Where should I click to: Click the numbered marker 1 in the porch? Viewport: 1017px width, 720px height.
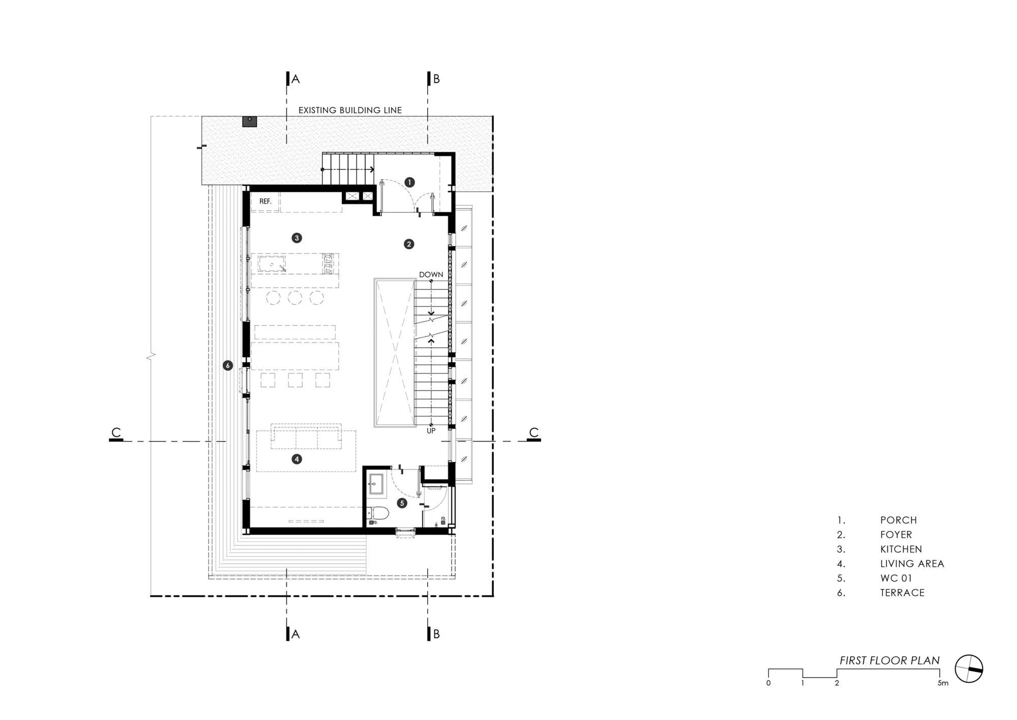click(410, 182)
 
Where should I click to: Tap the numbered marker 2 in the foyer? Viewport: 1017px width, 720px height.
click(409, 244)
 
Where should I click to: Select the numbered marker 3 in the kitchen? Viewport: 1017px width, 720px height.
click(297, 238)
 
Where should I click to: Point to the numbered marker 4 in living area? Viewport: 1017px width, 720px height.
click(297, 459)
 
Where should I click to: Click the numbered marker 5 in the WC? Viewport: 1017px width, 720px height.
click(402, 503)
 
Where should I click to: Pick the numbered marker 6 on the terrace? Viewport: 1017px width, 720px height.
click(228, 365)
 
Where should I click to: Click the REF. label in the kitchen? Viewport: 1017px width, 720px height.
click(265, 201)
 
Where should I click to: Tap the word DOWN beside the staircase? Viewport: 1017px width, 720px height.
click(431, 275)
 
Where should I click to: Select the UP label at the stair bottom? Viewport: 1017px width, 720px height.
click(431, 431)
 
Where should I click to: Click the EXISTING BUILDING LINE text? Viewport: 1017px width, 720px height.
click(350, 110)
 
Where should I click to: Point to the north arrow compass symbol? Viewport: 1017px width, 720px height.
click(969, 669)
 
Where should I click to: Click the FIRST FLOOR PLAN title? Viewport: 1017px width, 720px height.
click(889, 660)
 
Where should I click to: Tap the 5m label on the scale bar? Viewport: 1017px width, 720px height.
click(943, 683)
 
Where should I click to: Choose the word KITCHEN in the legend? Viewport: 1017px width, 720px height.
click(901, 549)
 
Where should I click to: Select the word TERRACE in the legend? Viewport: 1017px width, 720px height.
click(902, 593)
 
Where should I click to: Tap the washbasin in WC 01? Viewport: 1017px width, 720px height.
click(376, 483)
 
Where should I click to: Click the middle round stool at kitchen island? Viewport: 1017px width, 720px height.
click(295, 298)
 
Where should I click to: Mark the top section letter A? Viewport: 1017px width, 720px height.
click(295, 79)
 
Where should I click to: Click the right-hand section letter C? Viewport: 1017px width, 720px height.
click(533, 433)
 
